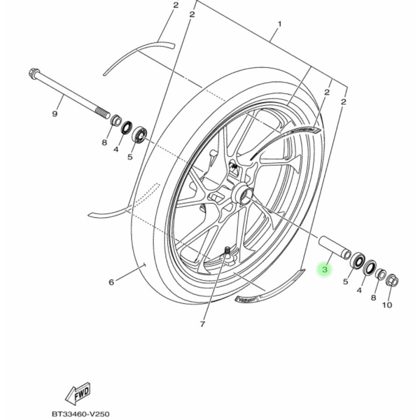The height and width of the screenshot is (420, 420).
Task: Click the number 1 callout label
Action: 280,23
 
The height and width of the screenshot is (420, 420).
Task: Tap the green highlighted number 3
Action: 325,269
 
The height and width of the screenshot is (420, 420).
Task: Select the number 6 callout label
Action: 111,282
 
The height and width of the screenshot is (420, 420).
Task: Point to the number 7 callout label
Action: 202,324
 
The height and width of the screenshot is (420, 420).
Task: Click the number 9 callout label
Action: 55,113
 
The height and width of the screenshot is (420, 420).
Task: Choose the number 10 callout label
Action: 387,305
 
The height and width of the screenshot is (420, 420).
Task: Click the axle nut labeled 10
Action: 392,280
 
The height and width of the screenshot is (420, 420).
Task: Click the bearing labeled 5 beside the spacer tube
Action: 357,261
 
